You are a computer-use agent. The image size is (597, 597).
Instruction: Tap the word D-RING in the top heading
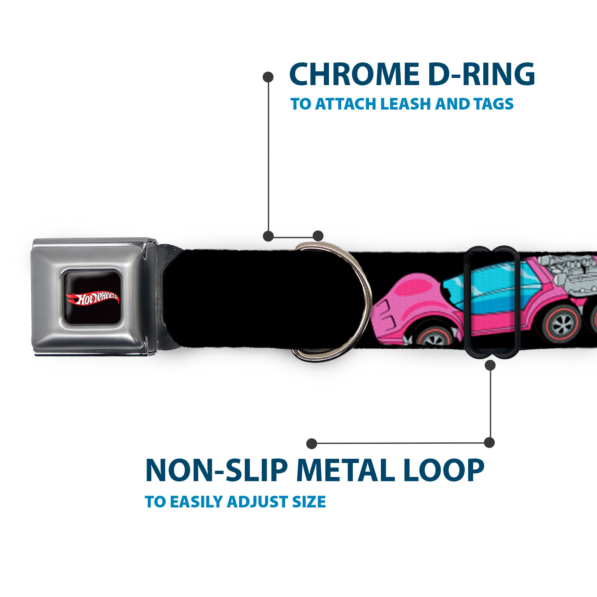click(x=483, y=74)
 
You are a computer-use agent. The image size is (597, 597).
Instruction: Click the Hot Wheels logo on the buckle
click(x=91, y=298)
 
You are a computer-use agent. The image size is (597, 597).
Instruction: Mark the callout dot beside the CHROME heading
click(x=268, y=77)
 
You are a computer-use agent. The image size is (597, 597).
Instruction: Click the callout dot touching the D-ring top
click(x=318, y=236)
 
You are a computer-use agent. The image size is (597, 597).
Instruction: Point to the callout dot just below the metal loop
click(x=490, y=365)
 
